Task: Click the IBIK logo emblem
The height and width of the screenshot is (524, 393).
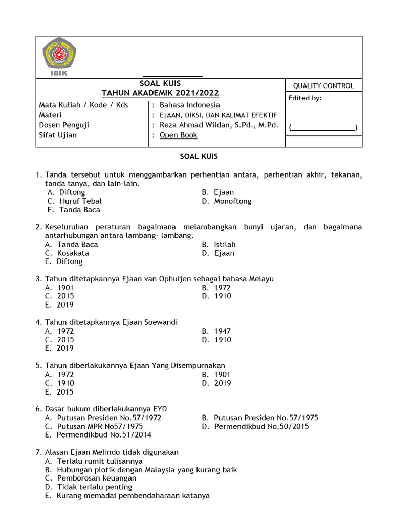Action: click(x=59, y=55)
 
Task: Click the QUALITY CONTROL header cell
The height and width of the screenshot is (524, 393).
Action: click(x=323, y=86)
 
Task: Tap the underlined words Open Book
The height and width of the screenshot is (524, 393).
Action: click(x=178, y=135)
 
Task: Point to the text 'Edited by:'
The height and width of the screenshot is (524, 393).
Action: click(x=305, y=98)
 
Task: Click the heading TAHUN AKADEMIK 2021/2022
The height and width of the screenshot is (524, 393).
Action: click(x=160, y=93)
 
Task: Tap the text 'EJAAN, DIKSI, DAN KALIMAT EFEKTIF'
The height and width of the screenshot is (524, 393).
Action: click(x=218, y=115)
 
